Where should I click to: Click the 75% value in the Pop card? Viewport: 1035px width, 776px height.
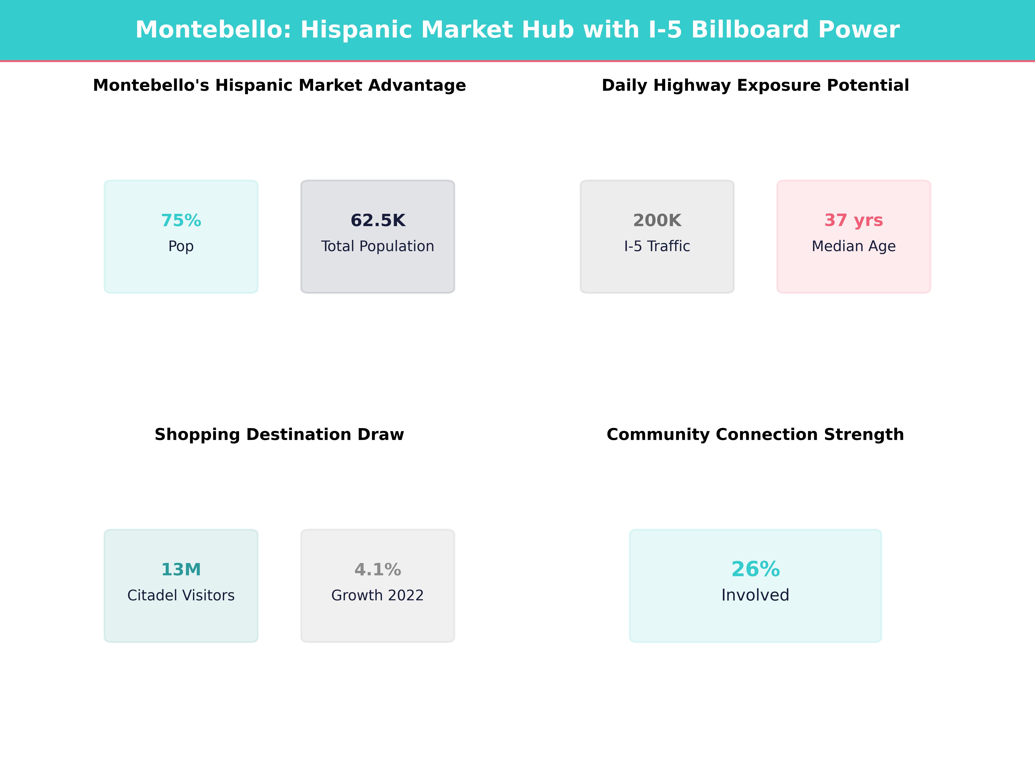pyautogui.click(x=181, y=220)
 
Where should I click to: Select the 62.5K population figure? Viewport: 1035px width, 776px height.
pyautogui.click(x=378, y=220)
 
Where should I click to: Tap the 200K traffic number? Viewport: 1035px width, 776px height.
pyautogui.click(x=657, y=220)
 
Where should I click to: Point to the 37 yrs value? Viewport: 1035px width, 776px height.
pyautogui.click(x=853, y=220)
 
